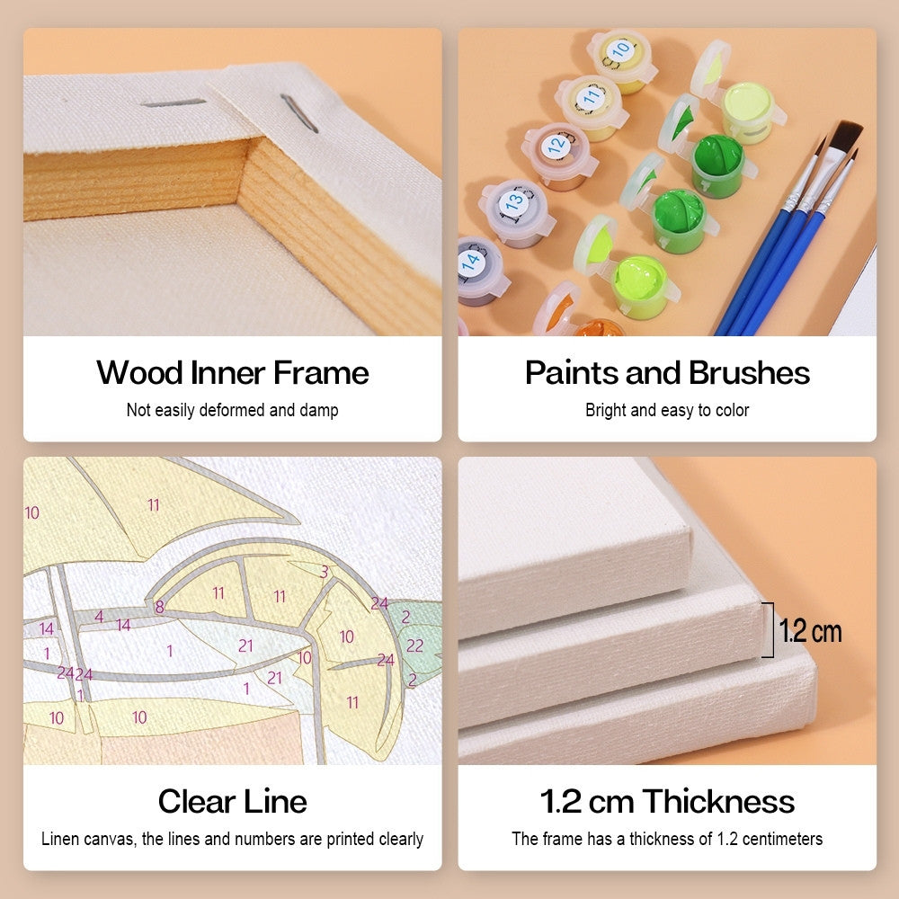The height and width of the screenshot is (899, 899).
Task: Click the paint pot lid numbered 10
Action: [x=619, y=50]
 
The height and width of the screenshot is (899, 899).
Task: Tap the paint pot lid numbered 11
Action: [x=591, y=96]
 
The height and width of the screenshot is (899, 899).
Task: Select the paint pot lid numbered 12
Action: [x=556, y=145]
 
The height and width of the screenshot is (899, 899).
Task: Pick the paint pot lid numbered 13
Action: [x=514, y=201]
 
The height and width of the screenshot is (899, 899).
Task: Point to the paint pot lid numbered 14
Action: [x=471, y=262]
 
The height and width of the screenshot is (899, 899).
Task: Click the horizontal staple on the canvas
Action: [x=174, y=102]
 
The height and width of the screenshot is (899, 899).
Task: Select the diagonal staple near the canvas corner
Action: [x=299, y=113]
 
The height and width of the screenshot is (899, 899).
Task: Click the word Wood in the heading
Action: [x=140, y=373]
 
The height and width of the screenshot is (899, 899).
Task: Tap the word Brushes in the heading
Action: [x=750, y=373]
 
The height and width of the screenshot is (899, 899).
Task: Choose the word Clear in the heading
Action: [x=195, y=801]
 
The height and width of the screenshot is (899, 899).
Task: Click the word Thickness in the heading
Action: [x=718, y=801]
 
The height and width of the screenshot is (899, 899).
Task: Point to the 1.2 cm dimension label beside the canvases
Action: [x=810, y=631]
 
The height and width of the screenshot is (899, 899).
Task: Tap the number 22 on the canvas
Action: [x=414, y=645]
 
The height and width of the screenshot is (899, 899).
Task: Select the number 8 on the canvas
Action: [x=159, y=607]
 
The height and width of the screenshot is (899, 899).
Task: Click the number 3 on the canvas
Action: [x=325, y=572]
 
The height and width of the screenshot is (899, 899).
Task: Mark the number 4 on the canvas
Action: [x=99, y=617]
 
